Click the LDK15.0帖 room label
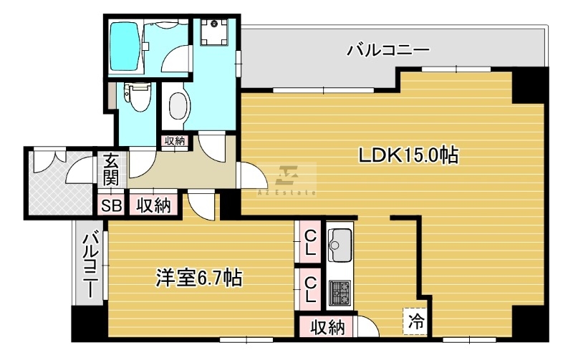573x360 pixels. [x=408, y=155]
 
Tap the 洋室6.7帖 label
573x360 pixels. [x=199, y=278]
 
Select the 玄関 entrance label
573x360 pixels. [x=111, y=170]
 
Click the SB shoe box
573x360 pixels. [x=112, y=206]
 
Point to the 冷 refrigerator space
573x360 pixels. [x=416, y=321]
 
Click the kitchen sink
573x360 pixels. [x=340, y=245]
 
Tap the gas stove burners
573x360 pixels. [x=340, y=293]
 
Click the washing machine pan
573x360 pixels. [x=214, y=31]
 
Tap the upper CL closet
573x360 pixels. [x=310, y=242]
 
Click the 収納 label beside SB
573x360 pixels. [x=154, y=205]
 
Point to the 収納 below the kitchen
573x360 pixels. [x=327, y=327]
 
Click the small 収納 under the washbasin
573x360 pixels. [x=175, y=141]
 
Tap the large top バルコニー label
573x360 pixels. [x=387, y=49]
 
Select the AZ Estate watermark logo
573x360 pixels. [x=286, y=180]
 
